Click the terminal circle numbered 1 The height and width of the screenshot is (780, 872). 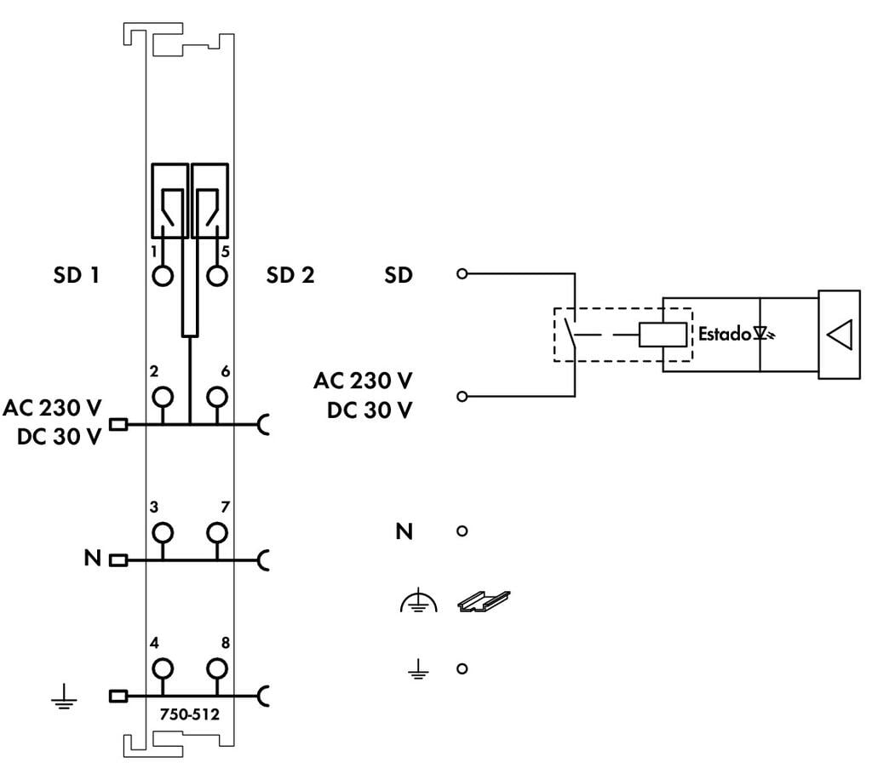coord(161,277)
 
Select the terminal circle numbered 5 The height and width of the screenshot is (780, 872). coord(218,277)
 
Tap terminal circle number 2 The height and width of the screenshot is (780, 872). coord(161,397)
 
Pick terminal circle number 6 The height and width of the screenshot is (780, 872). coord(218,397)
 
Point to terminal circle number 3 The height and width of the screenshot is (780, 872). coord(161,532)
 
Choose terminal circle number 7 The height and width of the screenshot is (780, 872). coord(218,532)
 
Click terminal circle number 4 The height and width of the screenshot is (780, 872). coord(161,668)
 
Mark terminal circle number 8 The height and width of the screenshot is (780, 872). coord(218,668)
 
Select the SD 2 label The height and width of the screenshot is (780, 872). coord(290,275)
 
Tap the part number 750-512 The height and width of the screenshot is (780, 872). coord(189,714)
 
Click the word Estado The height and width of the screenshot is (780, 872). coord(725,334)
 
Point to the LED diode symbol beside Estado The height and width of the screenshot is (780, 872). coord(763,335)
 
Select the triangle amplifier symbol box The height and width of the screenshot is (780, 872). coord(840,335)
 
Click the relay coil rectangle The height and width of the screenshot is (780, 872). coord(663,335)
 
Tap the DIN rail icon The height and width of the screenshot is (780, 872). coord(484,602)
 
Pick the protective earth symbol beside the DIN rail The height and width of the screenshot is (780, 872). coord(418,603)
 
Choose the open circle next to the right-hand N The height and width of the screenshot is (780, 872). coord(462,531)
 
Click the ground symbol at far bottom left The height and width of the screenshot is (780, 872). coord(63,700)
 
